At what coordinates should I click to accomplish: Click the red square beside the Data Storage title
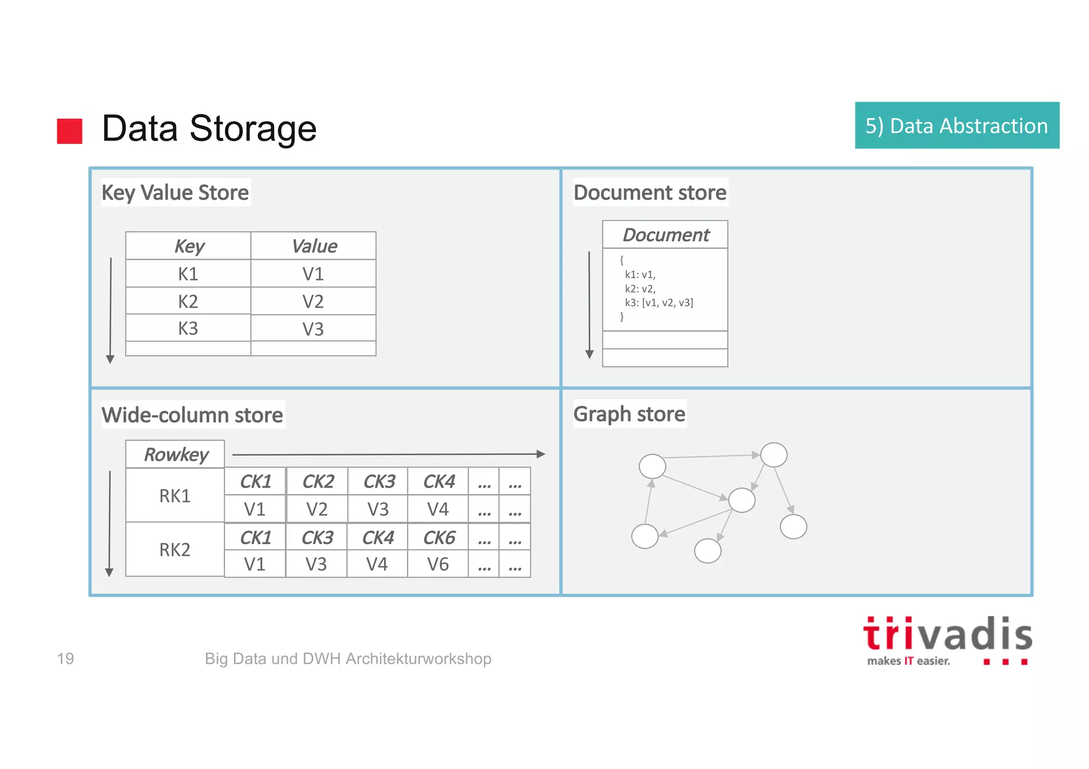[x=70, y=131]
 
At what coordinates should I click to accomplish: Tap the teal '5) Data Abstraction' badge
[x=957, y=125]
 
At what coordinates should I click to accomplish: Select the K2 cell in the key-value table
[x=188, y=301]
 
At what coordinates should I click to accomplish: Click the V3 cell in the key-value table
[x=313, y=329]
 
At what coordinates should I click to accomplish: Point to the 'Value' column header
[x=314, y=246]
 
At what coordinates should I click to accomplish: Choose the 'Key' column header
[x=189, y=246]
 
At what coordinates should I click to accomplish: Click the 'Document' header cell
[x=665, y=235]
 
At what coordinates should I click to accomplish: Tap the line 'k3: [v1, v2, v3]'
[x=659, y=303]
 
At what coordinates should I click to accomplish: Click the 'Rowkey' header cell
[x=175, y=455]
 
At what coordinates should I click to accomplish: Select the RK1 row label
[x=175, y=496]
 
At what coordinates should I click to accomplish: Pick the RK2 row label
[x=175, y=550]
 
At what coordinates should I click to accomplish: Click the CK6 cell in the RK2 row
[x=439, y=538]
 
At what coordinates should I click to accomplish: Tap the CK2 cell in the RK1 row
[x=317, y=481]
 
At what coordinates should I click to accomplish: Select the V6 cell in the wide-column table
[x=438, y=564]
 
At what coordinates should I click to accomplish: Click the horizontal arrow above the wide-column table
[x=388, y=454]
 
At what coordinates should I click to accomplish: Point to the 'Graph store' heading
[x=629, y=414]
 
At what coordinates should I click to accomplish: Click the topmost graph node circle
[x=773, y=455]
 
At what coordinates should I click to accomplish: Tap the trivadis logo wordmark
[x=948, y=636]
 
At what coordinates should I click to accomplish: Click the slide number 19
[x=65, y=658]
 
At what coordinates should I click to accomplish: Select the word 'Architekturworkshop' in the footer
[x=418, y=658]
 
